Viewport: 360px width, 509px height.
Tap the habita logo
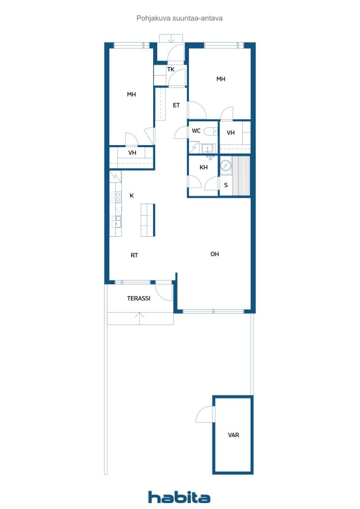click(x=179, y=497)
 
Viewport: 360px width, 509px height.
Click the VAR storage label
click(x=233, y=435)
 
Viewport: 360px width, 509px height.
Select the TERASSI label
click(x=139, y=298)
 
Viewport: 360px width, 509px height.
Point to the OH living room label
click(x=214, y=254)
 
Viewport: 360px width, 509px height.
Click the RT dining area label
click(x=134, y=255)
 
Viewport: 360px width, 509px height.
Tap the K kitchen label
click(x=132, y=196)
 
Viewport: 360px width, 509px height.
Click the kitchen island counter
click(x=148, y=220)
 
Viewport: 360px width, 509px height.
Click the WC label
click(x=196, y=131)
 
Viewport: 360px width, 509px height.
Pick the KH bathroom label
click(x=203, y=168)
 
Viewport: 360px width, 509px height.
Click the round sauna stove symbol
click(x=226, y=166)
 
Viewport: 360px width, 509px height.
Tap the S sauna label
click(x=226, y=185)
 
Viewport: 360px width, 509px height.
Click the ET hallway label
click(x=176, y=105)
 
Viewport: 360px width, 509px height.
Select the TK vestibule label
click(x=171, y=70)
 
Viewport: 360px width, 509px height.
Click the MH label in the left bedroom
click(x=131, y=94)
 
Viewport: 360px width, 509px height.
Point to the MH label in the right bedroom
click(x=221, y=79)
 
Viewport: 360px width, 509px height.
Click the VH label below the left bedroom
click(x=132, y=153)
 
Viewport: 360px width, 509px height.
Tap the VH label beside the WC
click(x=231, y=133)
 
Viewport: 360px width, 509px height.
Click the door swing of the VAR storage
click(x=204, y=415)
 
